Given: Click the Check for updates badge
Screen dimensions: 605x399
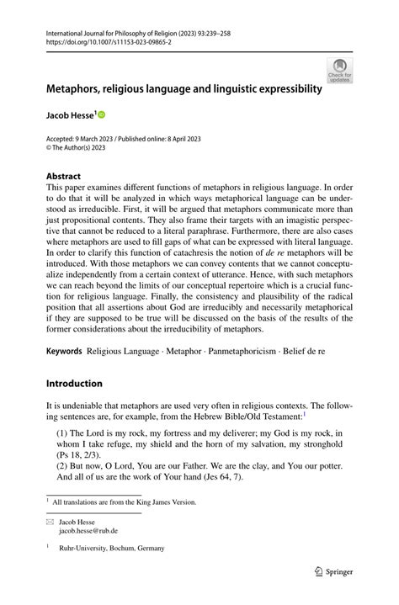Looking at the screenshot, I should (x=340, y=72).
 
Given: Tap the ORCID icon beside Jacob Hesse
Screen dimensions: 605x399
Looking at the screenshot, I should (x=101, y=114).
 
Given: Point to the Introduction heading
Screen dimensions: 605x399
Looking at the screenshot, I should (x=75, y=383).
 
